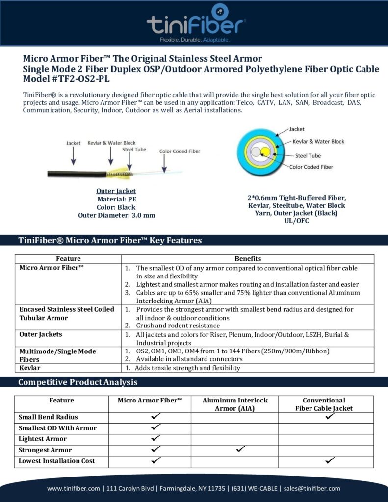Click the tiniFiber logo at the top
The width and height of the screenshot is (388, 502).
(x=196, y=22)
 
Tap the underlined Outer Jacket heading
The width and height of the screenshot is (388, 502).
(x=116, y=191)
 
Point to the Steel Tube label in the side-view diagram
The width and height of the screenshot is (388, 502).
(x=134, y=149)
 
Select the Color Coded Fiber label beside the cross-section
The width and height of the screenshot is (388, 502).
(x=311, y=167)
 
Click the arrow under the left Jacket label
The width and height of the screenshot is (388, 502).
(x=74, y=156)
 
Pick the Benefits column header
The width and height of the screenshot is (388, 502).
(x=248, y=258)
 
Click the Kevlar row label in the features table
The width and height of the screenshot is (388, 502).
(x=29, y=367)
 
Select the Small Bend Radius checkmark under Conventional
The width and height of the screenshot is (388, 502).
(x=330, y=416)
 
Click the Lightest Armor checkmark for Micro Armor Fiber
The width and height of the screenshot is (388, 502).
(x=156, y=438)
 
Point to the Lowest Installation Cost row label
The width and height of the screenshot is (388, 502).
(x=56, y=461)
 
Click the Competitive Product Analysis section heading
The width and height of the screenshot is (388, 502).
(x=78, y=382)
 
